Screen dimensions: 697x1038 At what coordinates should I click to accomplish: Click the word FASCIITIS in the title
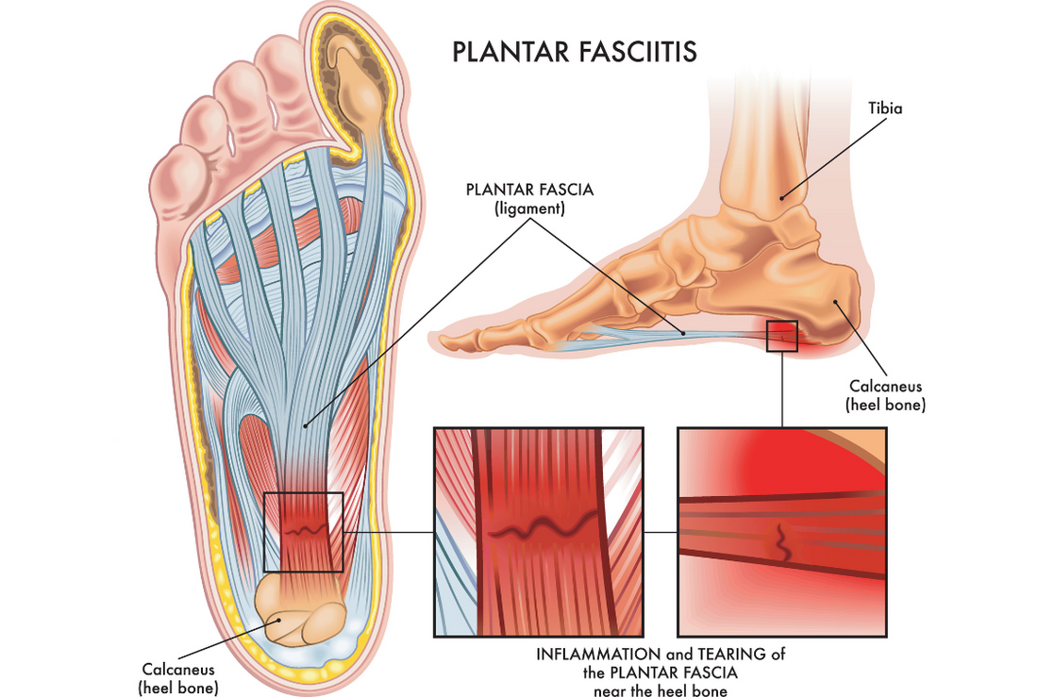(634, 51)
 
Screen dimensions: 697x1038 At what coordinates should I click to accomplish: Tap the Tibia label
(885, 108)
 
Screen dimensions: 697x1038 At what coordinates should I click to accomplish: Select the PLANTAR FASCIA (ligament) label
(529, 199)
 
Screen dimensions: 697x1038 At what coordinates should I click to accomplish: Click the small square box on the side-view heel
(783, 336)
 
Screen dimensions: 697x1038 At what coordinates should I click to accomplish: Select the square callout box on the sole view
(303, 532)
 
